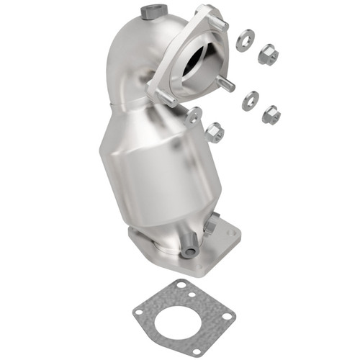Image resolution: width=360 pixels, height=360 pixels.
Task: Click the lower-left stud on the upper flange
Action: pos(163,96)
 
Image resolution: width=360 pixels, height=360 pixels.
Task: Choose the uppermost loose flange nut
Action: pos(267,55)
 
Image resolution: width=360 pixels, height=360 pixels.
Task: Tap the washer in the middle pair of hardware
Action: pos(250,99)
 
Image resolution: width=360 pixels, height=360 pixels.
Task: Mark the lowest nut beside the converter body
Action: pos(214,132)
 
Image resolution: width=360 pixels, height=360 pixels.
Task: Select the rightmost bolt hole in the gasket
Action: pos(227,316)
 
